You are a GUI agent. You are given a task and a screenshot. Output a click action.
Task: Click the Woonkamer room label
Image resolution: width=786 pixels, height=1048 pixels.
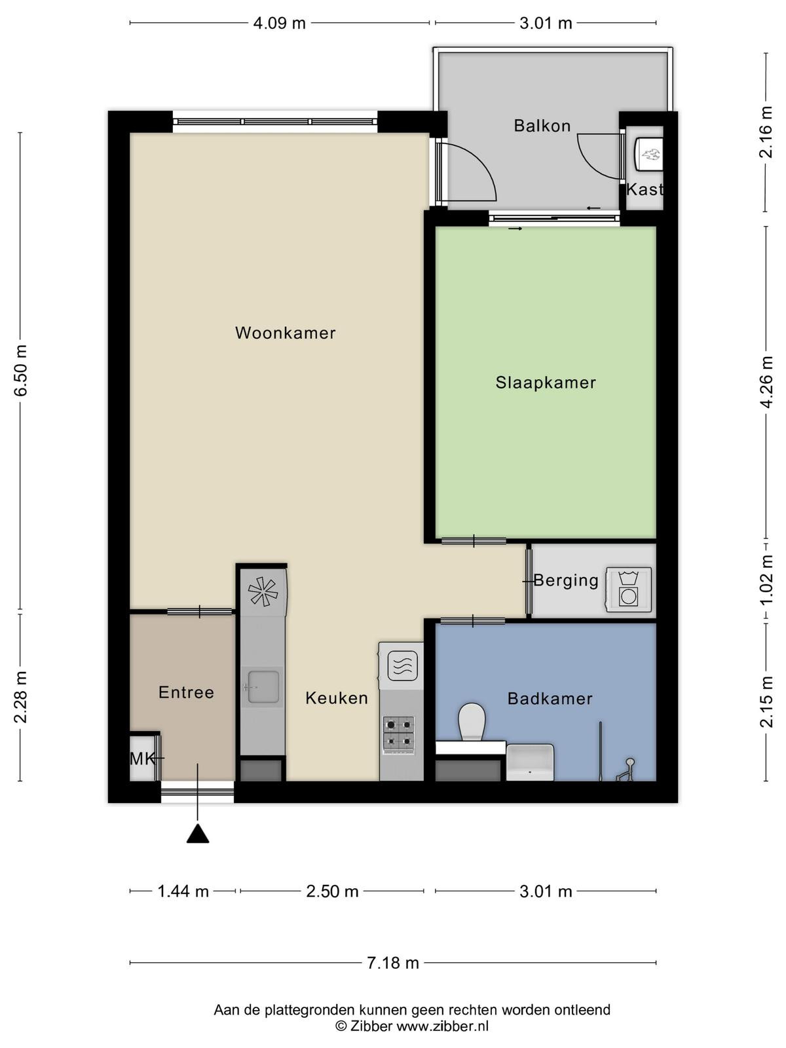[286, 333]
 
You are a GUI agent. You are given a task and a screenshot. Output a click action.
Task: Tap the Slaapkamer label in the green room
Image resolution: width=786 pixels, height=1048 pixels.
[546, 383]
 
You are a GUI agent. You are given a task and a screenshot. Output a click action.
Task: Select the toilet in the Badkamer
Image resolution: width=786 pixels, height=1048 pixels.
[472, 721]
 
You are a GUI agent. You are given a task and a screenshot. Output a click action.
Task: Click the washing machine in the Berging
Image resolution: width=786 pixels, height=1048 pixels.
[629, 589]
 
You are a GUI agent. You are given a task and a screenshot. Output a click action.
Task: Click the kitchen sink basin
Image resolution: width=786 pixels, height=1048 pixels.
[263, 686]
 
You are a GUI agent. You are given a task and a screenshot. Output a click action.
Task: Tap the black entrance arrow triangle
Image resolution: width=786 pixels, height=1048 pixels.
[198, 833]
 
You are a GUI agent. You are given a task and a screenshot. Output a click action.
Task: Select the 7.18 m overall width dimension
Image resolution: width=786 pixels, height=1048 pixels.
[393, 963]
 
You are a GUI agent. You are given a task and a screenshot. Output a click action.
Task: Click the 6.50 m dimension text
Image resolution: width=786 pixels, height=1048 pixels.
[20, 370]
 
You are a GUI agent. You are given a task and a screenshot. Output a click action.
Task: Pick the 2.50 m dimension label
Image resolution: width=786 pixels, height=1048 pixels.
[332, 891]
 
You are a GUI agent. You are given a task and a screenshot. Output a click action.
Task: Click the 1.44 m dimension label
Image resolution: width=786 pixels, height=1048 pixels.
[183, 891]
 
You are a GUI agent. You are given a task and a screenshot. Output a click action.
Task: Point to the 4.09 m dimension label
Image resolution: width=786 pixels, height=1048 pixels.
[279, 23]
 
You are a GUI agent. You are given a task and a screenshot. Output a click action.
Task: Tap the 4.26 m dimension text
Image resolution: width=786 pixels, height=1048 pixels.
[766, 382]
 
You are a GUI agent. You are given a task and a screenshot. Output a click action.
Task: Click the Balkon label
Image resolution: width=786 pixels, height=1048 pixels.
[542, 126]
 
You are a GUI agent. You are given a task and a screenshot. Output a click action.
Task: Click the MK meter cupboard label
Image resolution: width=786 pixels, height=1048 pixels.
[141, 758]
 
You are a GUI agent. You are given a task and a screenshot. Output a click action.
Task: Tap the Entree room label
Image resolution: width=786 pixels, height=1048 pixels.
[186, 692]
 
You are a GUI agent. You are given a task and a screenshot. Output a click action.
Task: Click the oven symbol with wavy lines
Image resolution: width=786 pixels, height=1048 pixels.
[402, 666]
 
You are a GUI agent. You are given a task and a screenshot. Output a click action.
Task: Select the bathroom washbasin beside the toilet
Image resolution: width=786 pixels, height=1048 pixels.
[530, 762]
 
